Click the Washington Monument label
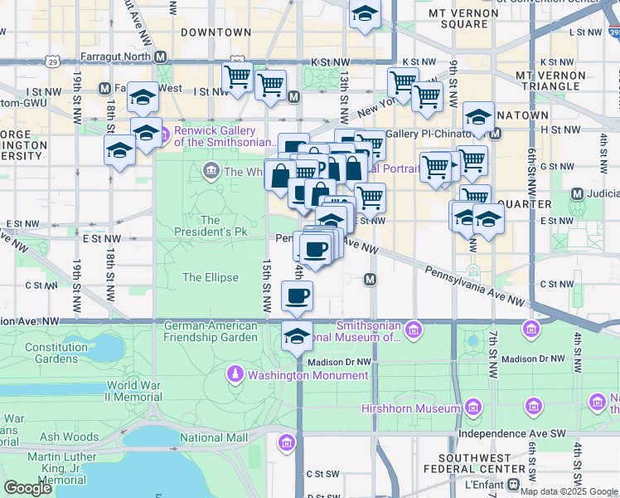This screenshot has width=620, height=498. tap(308, 375)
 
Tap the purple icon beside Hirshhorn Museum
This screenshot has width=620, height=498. tap(472, 408)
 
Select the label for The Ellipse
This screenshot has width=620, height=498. tap(211, 278)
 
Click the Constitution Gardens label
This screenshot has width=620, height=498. tap(56, 354)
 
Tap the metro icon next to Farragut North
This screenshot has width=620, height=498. tap(161, 57)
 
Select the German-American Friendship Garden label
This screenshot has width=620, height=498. tap(211, 332)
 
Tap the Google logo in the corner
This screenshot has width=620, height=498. tap(27, 488)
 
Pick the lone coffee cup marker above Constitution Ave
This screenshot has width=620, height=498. tap(297, 295)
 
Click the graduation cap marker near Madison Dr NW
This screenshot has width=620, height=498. tap(297, 336)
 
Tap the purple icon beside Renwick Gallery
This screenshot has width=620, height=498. tap(163, 133)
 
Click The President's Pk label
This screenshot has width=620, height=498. tap(210, 227)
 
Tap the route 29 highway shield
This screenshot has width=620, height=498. tap(52, 62)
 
